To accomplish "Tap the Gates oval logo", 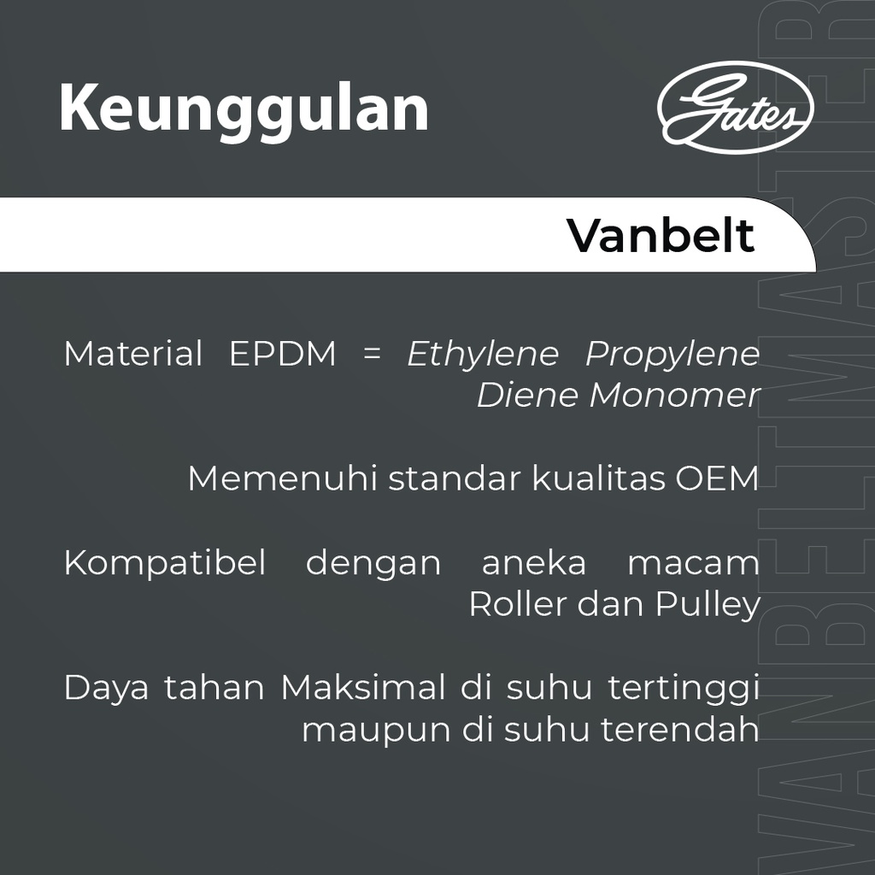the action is point(735,107).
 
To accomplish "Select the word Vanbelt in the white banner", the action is point(661,236).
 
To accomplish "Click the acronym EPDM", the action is point(283,354).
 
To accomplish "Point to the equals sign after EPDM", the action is point(372,354).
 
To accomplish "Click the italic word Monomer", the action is point(675,396).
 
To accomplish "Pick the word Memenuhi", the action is point(282,479).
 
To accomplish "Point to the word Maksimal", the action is point(363,688).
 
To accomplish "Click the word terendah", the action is point(679,730).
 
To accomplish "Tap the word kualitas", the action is point(599,479).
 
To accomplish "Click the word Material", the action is point(133,354).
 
